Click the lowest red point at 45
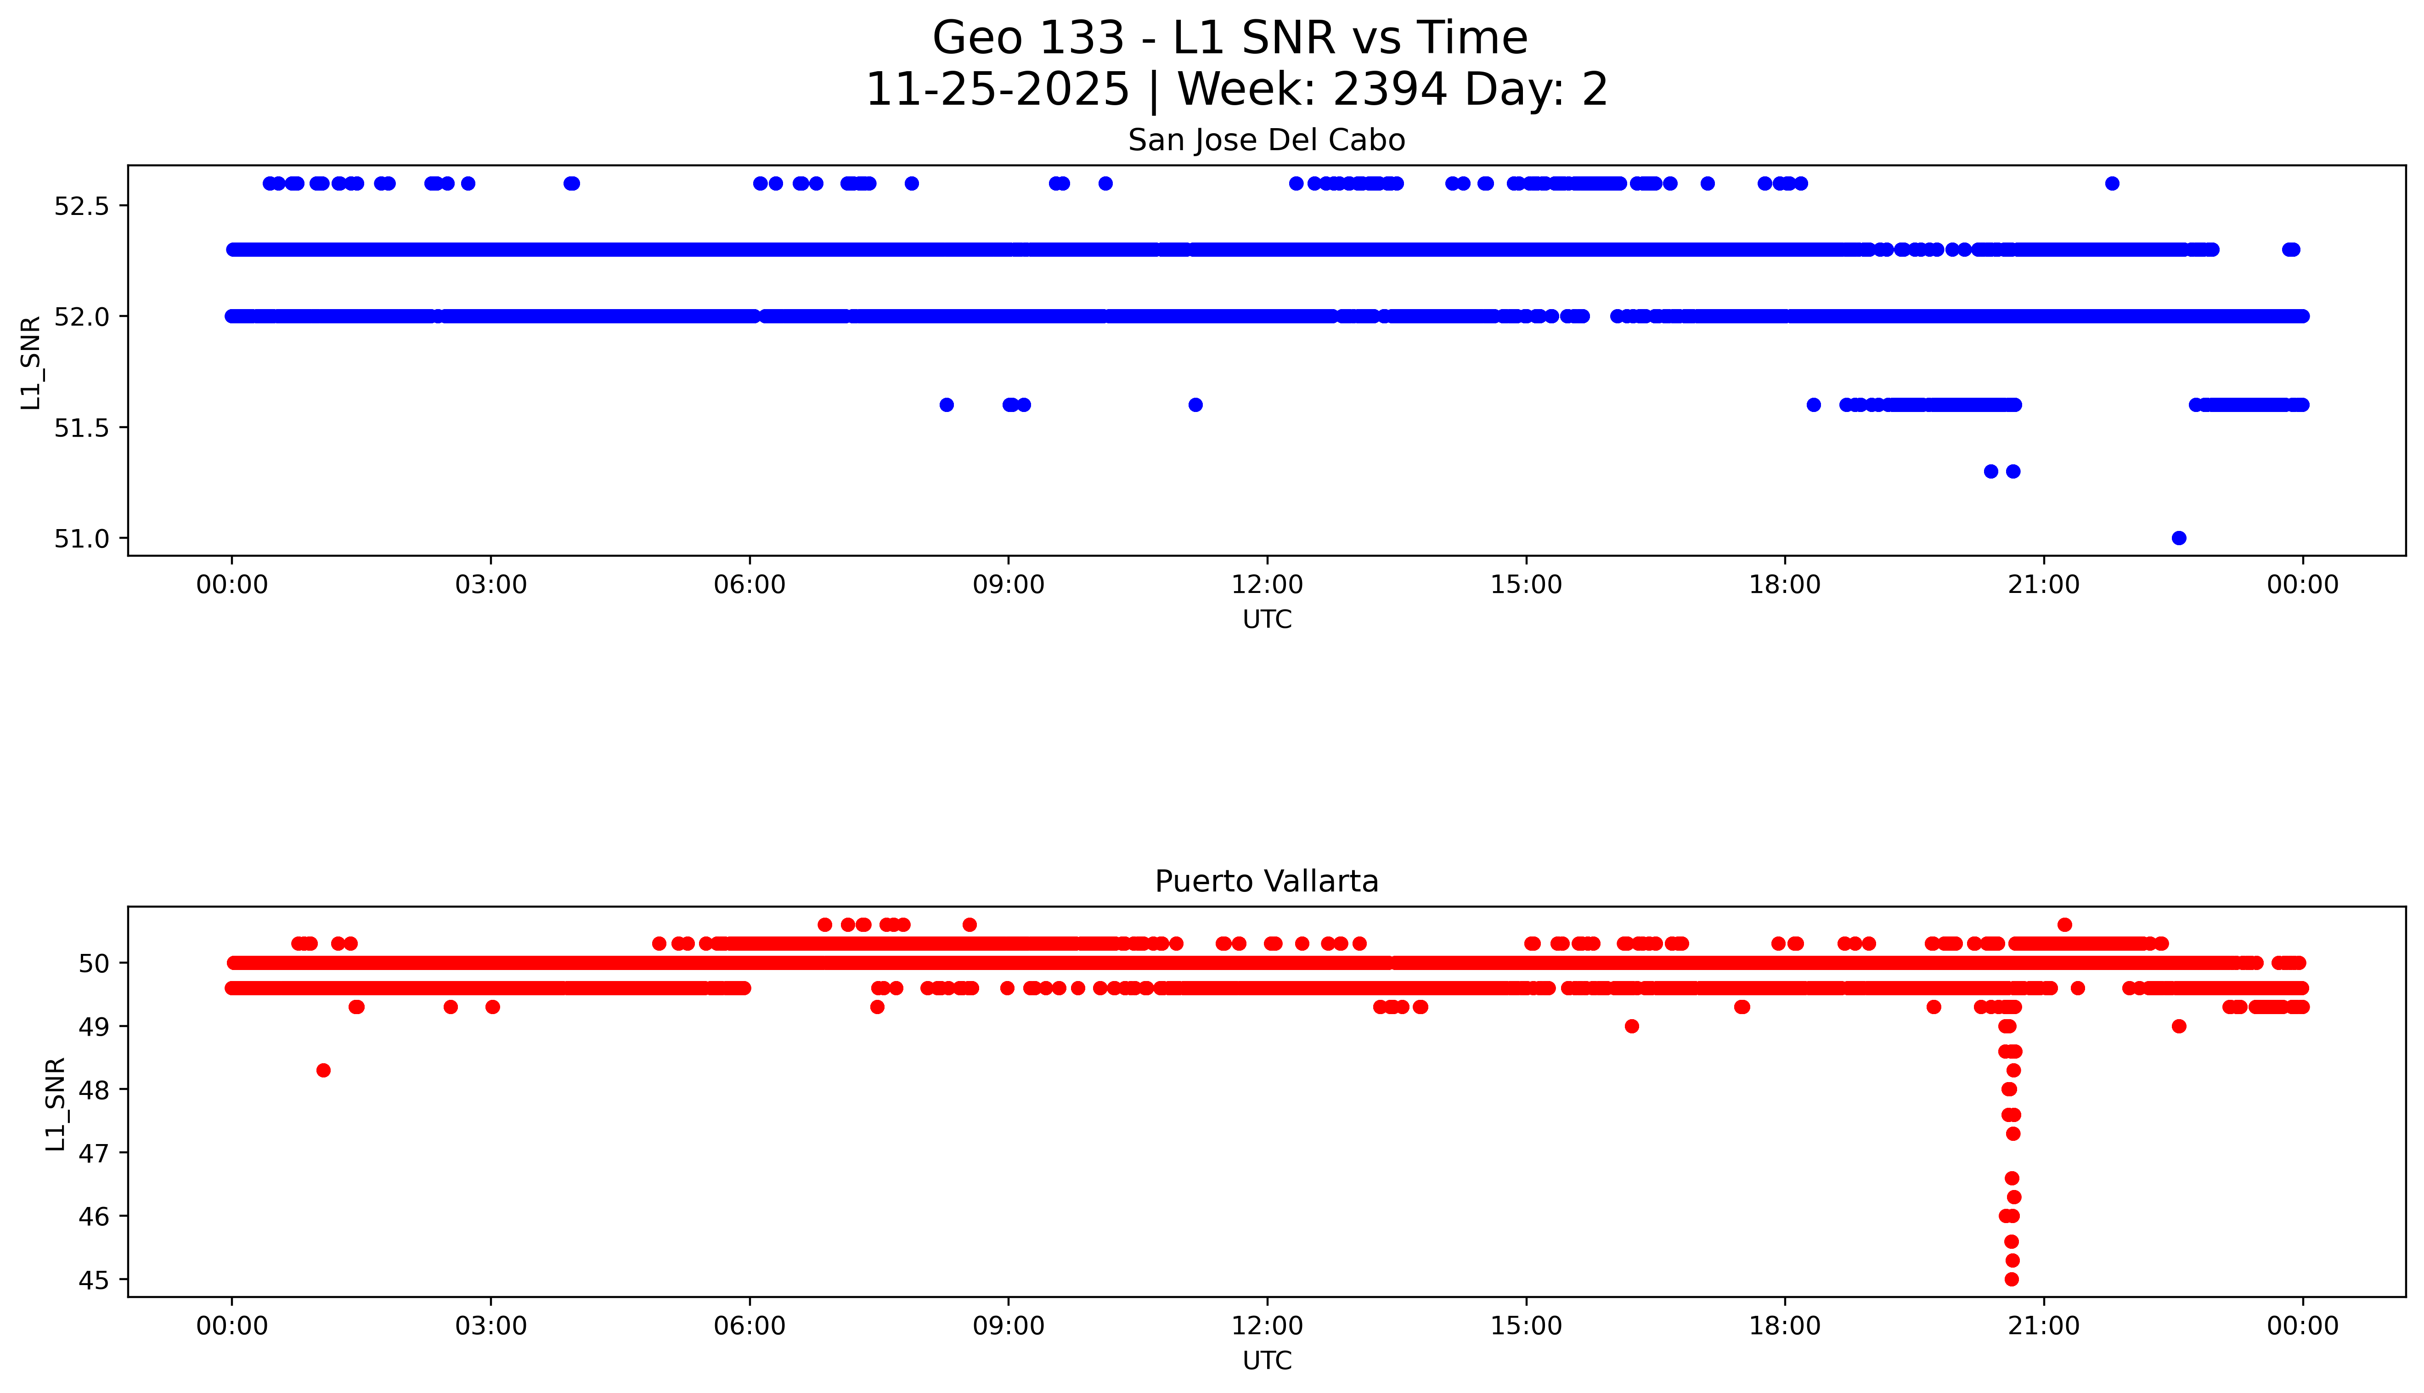coord(2012,1279)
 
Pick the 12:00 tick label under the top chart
coord(1267,585)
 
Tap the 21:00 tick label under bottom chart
coord(2043,1326)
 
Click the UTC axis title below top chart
coord(1267,620)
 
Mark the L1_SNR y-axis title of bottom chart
coord(56,1103)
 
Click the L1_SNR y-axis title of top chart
coord(31,361)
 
